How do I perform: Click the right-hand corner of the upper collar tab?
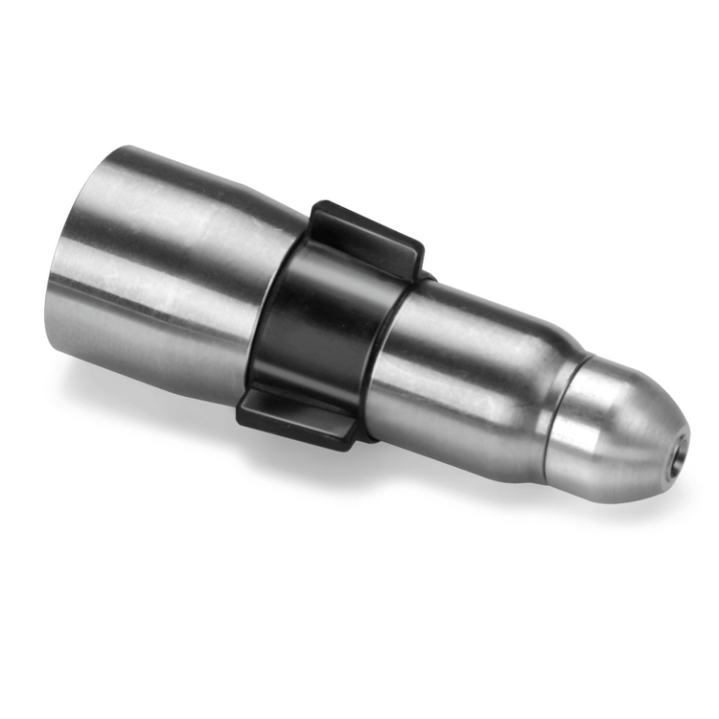[x=420, y=251]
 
